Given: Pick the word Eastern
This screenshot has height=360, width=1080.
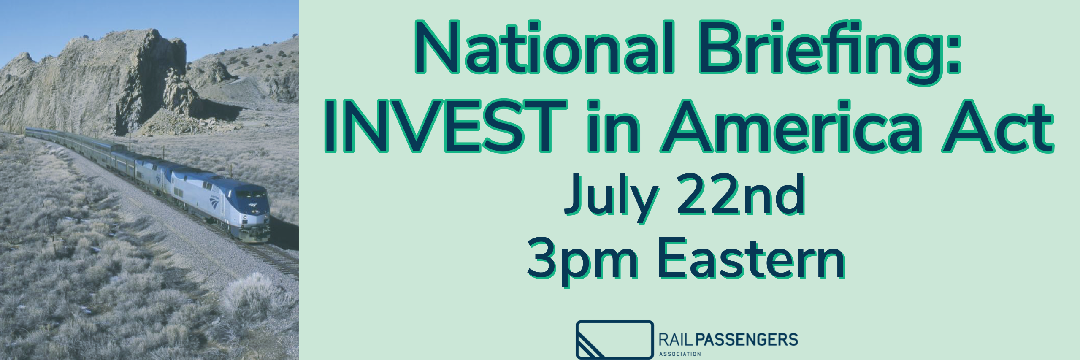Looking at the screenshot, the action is pyautogui.click(x=752, y=257).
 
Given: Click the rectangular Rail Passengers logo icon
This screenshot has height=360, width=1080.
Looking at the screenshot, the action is pyautogui.click(x=614, y=340).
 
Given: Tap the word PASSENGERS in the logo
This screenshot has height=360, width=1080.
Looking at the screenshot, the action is pyautogui.click(x=746, y=340).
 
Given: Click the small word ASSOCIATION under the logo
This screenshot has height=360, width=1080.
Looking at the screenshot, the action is pyautogui.click(x=680, y=354).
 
